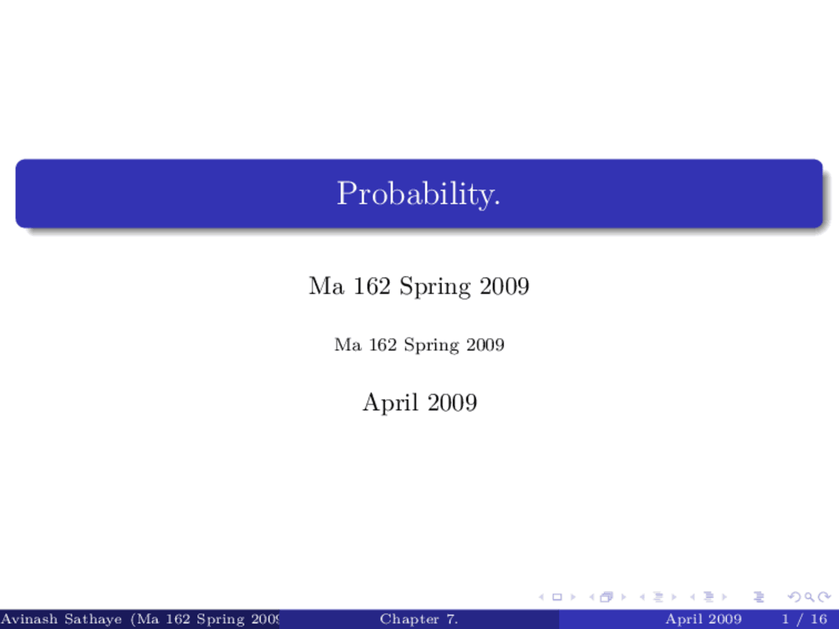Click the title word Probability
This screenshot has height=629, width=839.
pyautogui.click(x=418, y=194)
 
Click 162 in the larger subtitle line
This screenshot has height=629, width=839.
pyautogui.click(x=372, y=286)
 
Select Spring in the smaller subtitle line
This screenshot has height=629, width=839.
pyautogui.click(x=431, y=345)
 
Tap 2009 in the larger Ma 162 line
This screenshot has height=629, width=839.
pyautogui.click(x=504, y=286)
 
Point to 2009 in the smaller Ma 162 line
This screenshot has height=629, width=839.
pyautogui.click(x=485, y=345)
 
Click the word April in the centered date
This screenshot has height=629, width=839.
pyautogui.click(x=391, y=402)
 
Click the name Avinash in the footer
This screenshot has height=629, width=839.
pyautogui.click(x=29, y=619)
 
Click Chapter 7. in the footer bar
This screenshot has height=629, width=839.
pyautogui.click(x=419, y=619)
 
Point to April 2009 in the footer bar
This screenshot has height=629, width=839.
pyautogui.click(x=703, y=619)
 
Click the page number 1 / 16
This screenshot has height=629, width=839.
pyautogui.click(x=804, y=619)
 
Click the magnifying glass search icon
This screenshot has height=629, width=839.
pyautogui.click(x=810, y=597)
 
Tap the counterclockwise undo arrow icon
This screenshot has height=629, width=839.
pyautogui.click(x=794, y=597)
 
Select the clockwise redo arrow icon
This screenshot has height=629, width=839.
pyautogui.click(x=825, y=597)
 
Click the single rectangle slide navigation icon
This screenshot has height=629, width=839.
pyautogui.click(x=557, y=597)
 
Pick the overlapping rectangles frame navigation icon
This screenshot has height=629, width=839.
pyautogui.click(x=606, y=597)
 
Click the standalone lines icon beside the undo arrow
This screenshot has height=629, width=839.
pyautogui.click(x=759, y=597)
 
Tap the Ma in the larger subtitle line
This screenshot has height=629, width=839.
pyautogui.click(x=326, y=286)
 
